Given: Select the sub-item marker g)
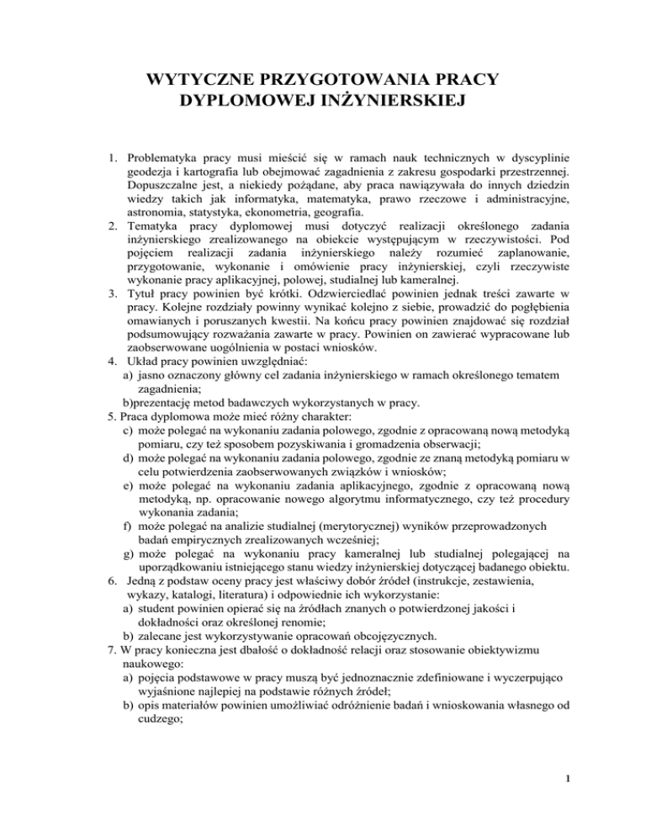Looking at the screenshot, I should point(127,575).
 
